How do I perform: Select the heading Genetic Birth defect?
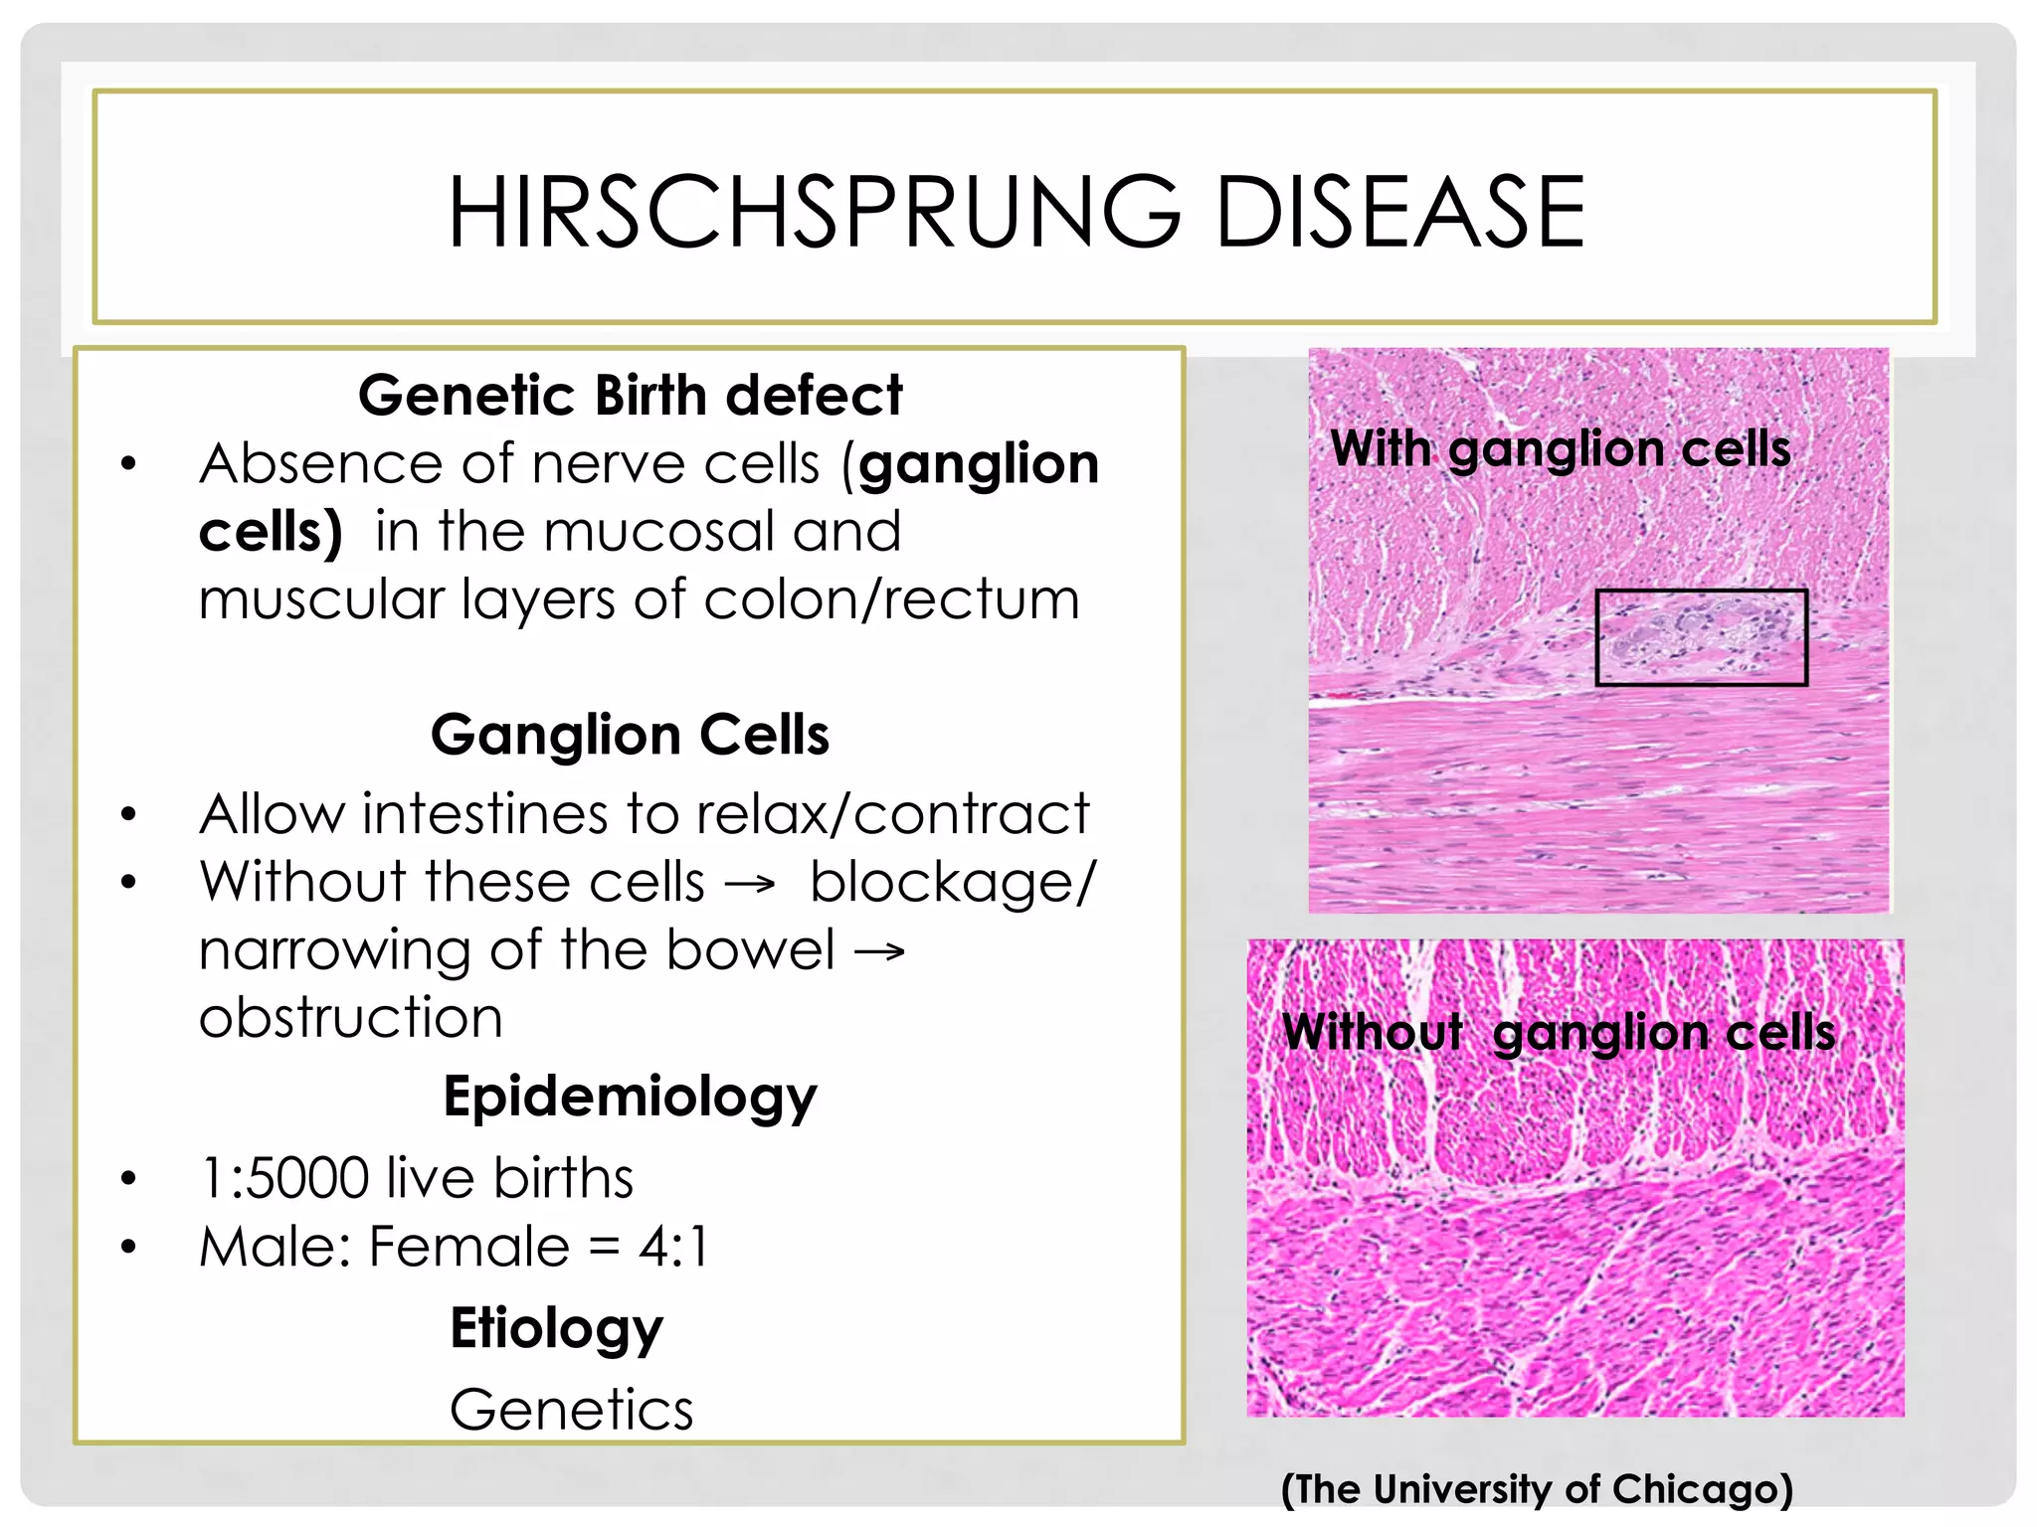coord(630,395)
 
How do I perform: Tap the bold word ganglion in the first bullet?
coord(979,464)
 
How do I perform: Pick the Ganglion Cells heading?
coord(630,735)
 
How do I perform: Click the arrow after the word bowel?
coord(880,952)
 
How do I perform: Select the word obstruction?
coord(351,1018)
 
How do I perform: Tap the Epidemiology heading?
coord(630,1097)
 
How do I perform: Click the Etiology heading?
coord(556,1328)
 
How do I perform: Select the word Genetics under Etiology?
coord(571,1410)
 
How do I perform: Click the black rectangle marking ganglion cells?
coord(1701,637)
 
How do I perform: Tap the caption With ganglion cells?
coord(1560,448)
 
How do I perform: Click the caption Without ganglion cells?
coord(1559,1032)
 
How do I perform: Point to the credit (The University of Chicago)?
coord(1537,1489)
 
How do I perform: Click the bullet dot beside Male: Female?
coord(128,1247)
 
